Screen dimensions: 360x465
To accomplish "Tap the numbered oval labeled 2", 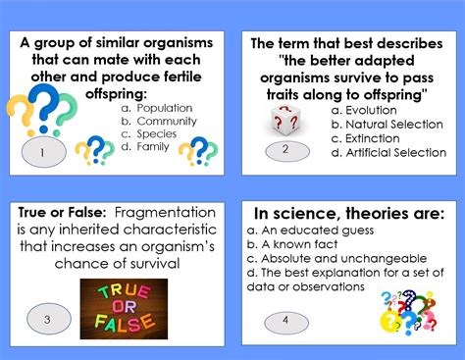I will (285, 150).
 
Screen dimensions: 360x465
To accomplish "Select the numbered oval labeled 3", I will (47, 318).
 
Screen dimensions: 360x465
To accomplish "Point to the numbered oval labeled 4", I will (285, 319).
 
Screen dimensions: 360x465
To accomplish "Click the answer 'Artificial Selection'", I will (380, 153).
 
